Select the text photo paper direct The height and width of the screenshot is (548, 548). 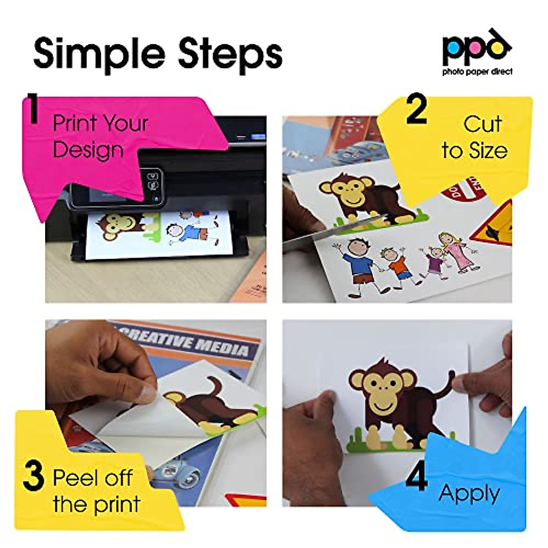click(x=477, y=72)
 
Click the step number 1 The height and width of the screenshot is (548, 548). click(x=32, y=109)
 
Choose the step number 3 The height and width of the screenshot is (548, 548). click(x=33, y=476)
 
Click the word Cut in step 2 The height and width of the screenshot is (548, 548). click(x=482, y=124)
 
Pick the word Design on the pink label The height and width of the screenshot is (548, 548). click(x=88, y=150)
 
